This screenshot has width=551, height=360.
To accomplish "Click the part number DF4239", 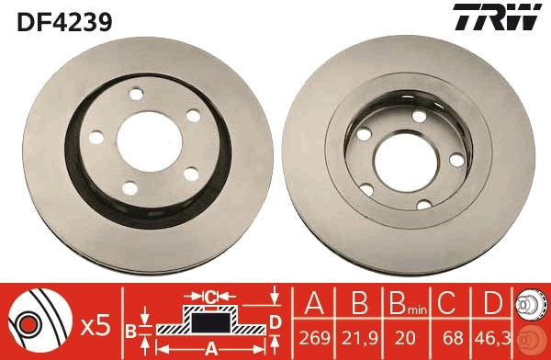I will (x=62, y=20).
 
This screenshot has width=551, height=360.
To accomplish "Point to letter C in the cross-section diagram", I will (x=210, y=296).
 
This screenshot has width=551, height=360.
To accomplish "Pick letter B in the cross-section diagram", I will (x=131, y=330).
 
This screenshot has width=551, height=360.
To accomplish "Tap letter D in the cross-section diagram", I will (x=275, y=321).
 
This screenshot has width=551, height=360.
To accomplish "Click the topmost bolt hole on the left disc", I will (x=139, y=94).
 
